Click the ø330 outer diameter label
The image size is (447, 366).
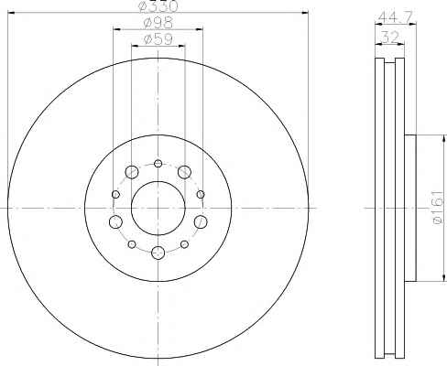pos(158,6)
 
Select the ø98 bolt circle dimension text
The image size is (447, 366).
pos(158,23)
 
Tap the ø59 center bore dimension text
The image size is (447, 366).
pos(158,39)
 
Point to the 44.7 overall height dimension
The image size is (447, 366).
pos(396,16)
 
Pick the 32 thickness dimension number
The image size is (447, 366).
pos(390,38)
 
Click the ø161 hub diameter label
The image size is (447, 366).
pos(439,208)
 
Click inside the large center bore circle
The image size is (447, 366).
pos(158,208)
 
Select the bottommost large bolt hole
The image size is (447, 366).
pos(158,253)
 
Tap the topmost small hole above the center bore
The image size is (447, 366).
pos(158,164)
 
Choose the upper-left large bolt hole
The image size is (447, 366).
pos(132,172)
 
